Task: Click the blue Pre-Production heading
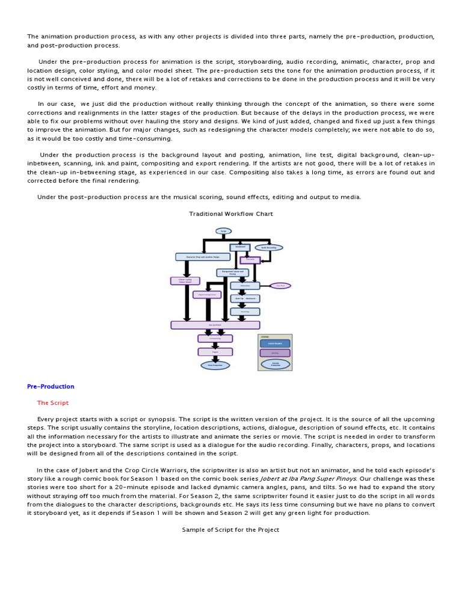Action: click(x=51, y=386)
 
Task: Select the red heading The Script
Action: click(x=53, y=403)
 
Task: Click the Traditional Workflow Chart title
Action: click(x=231, y=214)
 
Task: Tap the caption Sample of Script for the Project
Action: click(x=231, y=529)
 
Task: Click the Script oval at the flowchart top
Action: click(x=223, y=230)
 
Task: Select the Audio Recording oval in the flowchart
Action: click(x=268, y=247)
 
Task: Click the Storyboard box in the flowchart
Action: click(x=241, y=247)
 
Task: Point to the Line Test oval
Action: click(x=280, y=286)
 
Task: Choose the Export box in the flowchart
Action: click(x=215, y=351)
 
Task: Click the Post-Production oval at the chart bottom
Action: click(x=215, y=365)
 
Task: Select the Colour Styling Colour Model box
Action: click(x=185, y=280)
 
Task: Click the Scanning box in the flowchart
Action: click(x=245, y=312)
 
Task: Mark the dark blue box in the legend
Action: click(x=275, y=343)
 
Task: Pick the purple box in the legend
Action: click(x=275, y=353)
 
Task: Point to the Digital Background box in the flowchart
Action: click(x=207, y=295)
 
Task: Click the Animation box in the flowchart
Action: click(x=245, y=286)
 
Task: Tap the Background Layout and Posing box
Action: click(x=232, y=273)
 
